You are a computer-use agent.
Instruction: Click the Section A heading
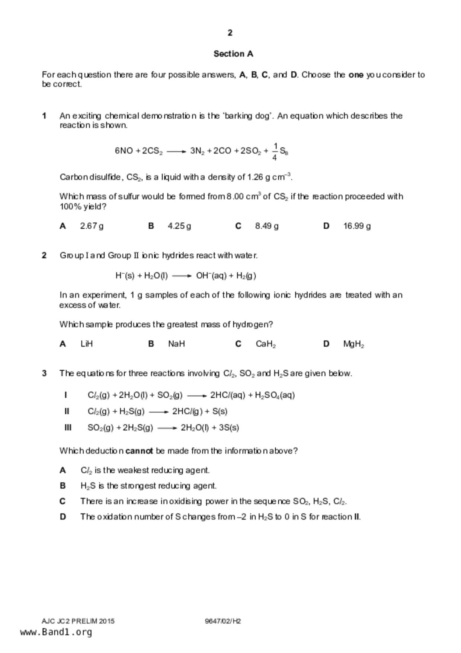(233, 54)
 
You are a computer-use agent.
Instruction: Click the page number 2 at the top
(230, 33)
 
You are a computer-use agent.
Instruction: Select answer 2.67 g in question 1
(92, 226)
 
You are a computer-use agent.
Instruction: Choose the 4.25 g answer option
(179, 226)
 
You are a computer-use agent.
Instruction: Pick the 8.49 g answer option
(267, 226)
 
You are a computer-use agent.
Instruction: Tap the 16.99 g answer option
(357, 226)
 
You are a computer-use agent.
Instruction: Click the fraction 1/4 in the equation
(275, 151)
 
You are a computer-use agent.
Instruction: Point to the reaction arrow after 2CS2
(176, 152)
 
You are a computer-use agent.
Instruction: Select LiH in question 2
(86, 344)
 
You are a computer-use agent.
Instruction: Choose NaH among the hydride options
(176, 344)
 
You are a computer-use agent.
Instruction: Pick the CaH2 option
(266, 344)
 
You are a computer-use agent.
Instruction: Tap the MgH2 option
(353, 344)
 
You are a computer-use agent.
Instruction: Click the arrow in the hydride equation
(182, 276)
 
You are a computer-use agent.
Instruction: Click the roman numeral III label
(68, 427)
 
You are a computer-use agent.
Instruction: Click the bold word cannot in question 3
(139, 451)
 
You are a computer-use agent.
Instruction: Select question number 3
(44, 373)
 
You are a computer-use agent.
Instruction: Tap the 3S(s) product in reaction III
(229, 428)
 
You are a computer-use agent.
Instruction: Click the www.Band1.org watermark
(56, 632)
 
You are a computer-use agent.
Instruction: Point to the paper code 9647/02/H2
(223, 621)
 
